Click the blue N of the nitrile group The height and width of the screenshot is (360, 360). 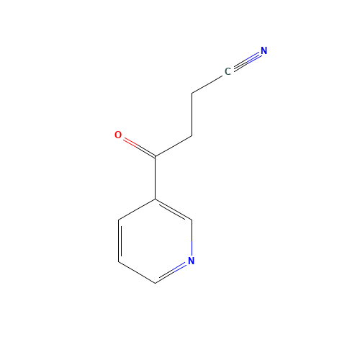pos(264,51)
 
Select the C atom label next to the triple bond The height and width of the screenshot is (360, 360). pos(228,71)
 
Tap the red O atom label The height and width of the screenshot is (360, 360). pos(118,135)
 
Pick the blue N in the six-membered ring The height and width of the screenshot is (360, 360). pos(191,261)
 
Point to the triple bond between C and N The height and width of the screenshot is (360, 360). pos(246,61)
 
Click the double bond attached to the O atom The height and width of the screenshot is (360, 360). pos(137,146)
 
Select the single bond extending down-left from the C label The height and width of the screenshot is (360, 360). pos(209,83)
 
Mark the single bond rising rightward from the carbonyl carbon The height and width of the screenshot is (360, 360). pos(174,145)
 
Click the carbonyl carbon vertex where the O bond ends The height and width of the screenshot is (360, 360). pos(155,156)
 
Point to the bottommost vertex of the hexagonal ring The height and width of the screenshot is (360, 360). pos(155,282)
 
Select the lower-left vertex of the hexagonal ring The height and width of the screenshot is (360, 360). pos(119,261)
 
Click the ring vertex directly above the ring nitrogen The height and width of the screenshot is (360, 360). pos(192,219)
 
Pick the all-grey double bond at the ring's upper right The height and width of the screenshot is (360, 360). pos(174,209)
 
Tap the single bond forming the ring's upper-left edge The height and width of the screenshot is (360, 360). pos(137,208)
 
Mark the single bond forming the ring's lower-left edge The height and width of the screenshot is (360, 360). pos(137,272)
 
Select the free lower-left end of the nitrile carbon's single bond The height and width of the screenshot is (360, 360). pos(192,94)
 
